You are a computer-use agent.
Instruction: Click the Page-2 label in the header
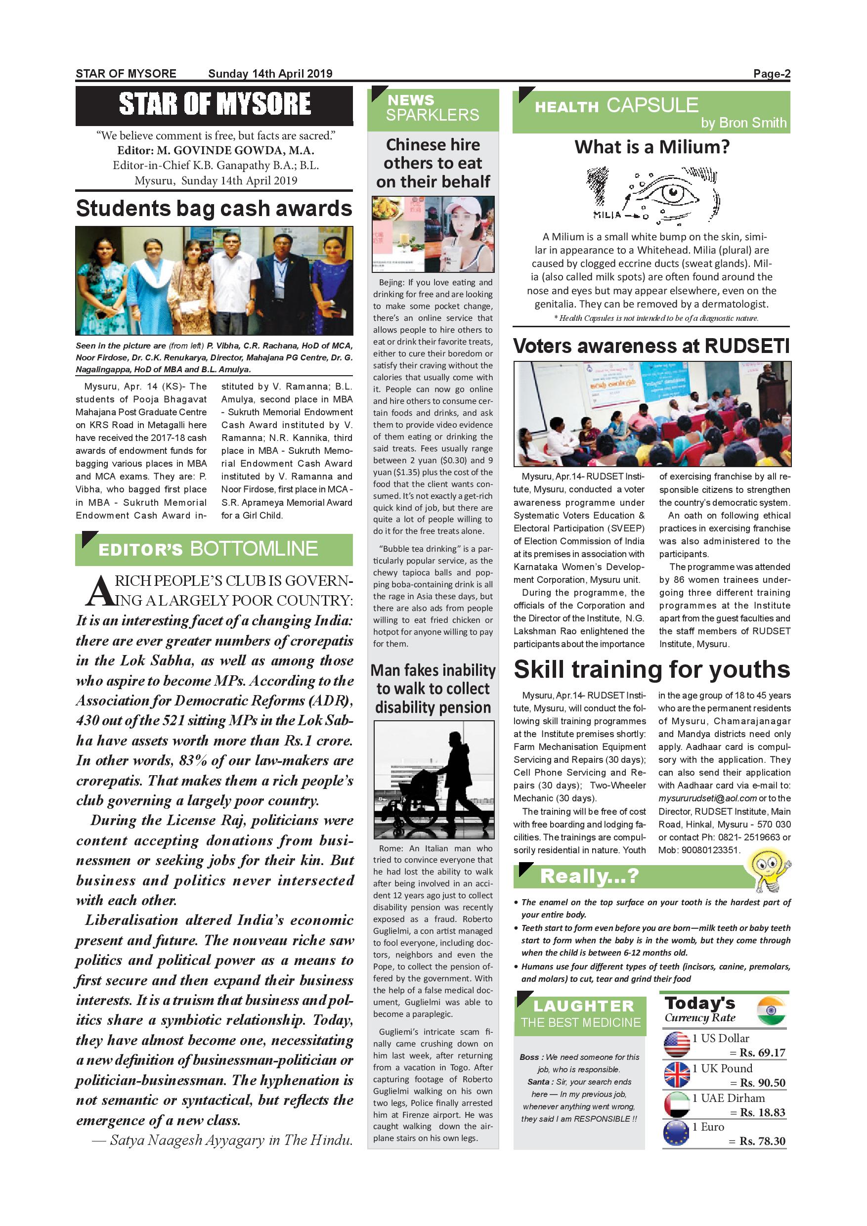pyautogui.click(x=771, y=74)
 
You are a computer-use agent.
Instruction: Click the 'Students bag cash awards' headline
pyautogui.click(x=214, y=208)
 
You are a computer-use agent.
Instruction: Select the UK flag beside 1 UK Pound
pyautogui.click(x=676, y=1074)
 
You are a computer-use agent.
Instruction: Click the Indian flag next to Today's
pyautogui.click(x=772, y=1010)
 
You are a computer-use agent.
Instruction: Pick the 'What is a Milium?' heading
pyautogui.click(x=651, y=147)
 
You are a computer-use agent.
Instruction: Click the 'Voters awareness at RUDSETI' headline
pyautogui.click(x=651, y=346)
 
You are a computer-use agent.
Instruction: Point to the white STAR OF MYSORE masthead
pyautogui.click(x=214, y=104)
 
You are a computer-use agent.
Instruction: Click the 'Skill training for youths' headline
pyautogui.click(x=651, y=669)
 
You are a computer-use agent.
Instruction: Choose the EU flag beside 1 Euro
pyautogui.click(x=676, y=1134)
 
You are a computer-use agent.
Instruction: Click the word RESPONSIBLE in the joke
pyautogui.click(x=602, y=1119)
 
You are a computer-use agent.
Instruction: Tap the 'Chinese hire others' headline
pyautogui.click(x=433, y=163)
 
